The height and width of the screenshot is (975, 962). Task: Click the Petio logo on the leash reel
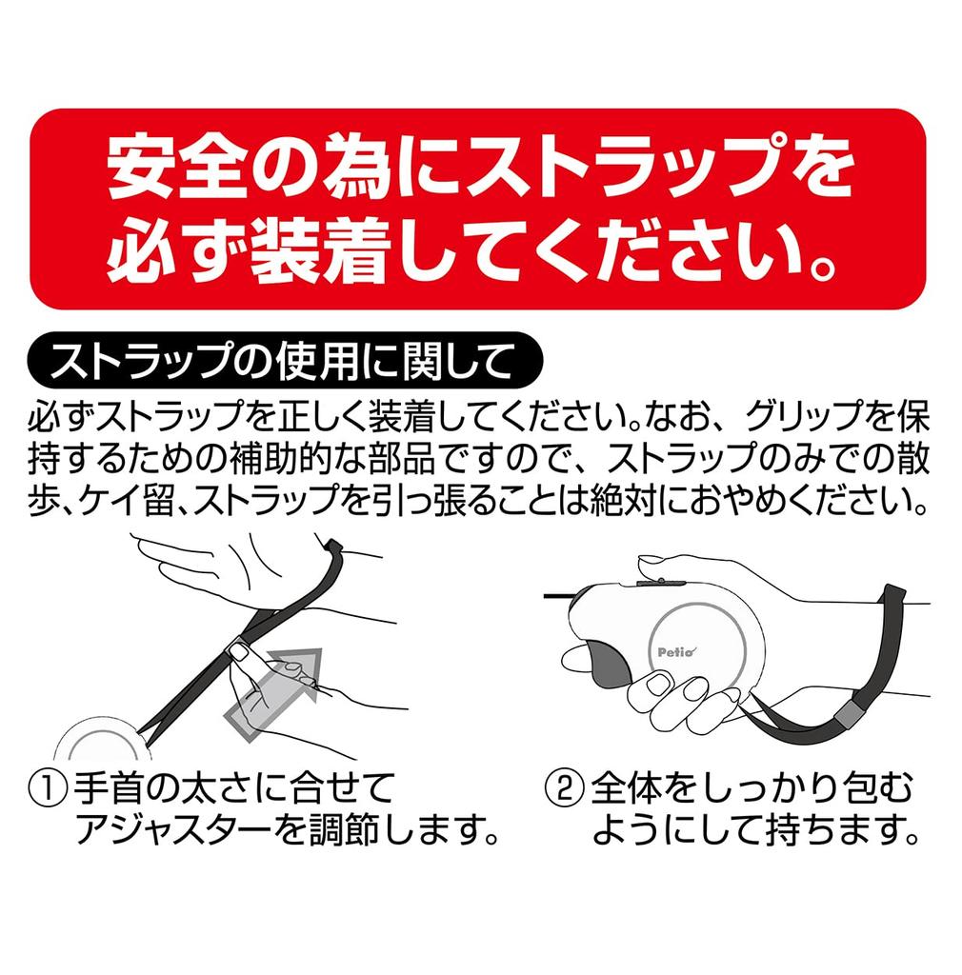677,651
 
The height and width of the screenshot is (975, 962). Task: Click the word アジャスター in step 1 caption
174,830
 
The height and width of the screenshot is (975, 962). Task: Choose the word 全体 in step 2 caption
626,788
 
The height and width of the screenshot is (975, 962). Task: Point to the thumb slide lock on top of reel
660,583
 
